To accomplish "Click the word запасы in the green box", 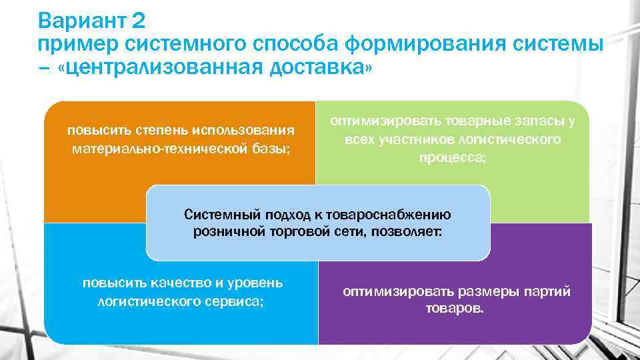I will [532, 121].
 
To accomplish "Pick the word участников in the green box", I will [419, 140].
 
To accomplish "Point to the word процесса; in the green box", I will [453, 159].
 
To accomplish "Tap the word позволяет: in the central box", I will [409, 232].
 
